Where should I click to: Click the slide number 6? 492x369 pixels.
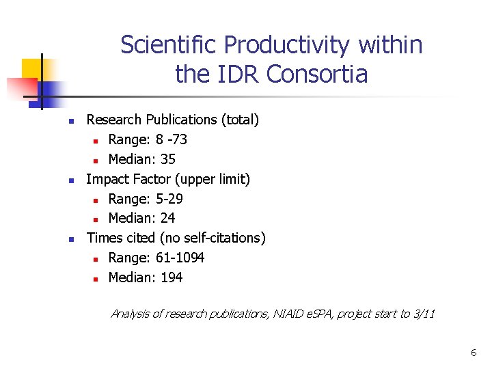[x=473, y=353]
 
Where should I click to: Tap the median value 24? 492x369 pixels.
[x=168, y=219]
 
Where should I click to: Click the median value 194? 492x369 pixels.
[x=172, y=277]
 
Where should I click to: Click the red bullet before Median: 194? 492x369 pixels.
[x=96, y=278]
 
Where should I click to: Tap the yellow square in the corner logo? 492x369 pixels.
[x=32, y=68]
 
